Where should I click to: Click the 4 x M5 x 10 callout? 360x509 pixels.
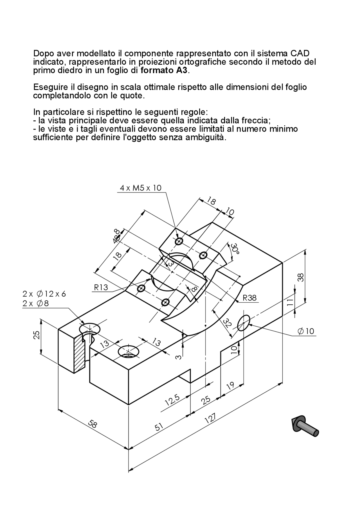coord(141,188)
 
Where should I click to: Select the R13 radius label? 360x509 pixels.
coord(101,287)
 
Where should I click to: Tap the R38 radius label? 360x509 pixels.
coord(250,298)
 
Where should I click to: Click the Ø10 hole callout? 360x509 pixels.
coord(306,331)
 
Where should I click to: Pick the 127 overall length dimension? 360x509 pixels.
coord(210,418)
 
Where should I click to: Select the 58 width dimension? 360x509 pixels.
coord(92,424)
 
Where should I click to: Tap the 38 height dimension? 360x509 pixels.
coord(300,278)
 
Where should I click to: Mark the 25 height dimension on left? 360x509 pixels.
coord(37,335)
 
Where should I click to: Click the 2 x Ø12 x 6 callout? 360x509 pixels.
coord(44,294)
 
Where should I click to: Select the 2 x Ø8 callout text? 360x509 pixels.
coord(35,304)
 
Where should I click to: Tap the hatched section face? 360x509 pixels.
coord(79,353)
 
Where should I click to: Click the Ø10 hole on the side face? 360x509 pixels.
coord(244,323)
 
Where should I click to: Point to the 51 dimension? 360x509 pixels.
coord(159,427)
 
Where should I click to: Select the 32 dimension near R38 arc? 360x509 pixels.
coord(227,323)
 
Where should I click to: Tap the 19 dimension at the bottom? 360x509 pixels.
coord(230,386)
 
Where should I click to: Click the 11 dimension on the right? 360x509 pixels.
coord(290,302)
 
